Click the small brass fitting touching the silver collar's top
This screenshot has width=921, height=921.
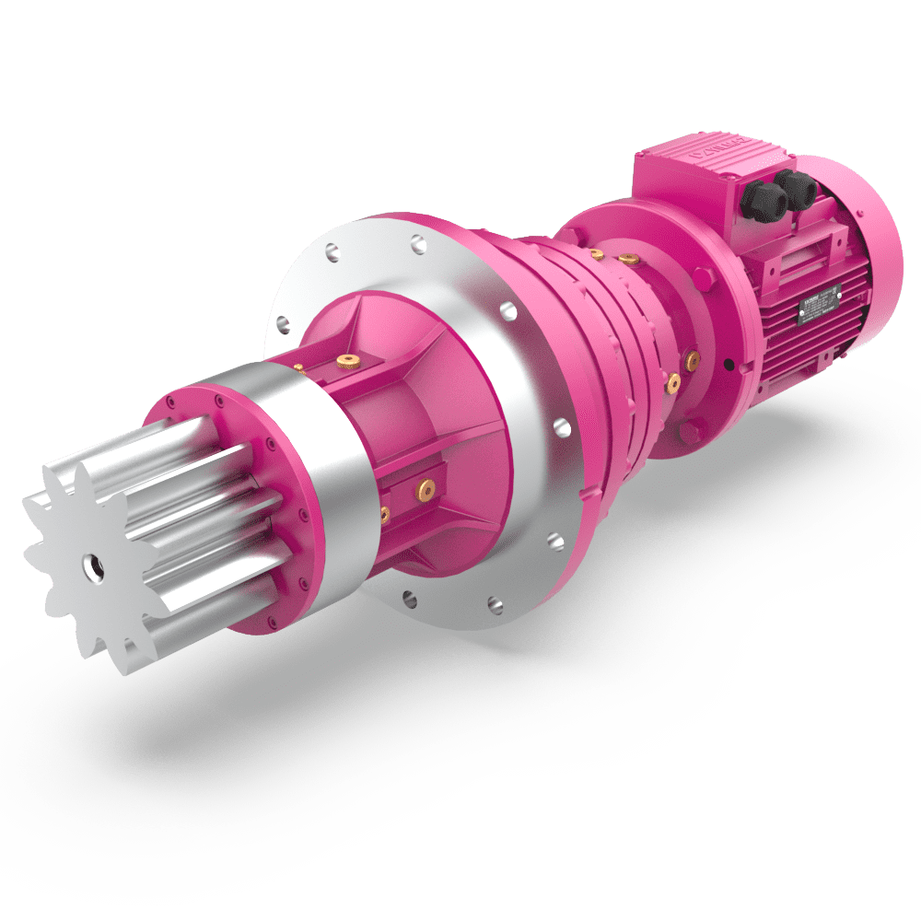pyautogui.click(x=299, y=367)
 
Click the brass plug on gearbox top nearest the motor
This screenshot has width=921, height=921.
pyautogui.click(x=628, y=259)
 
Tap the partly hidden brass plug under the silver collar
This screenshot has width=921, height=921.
pyautogui.click(x=384, y=512)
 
